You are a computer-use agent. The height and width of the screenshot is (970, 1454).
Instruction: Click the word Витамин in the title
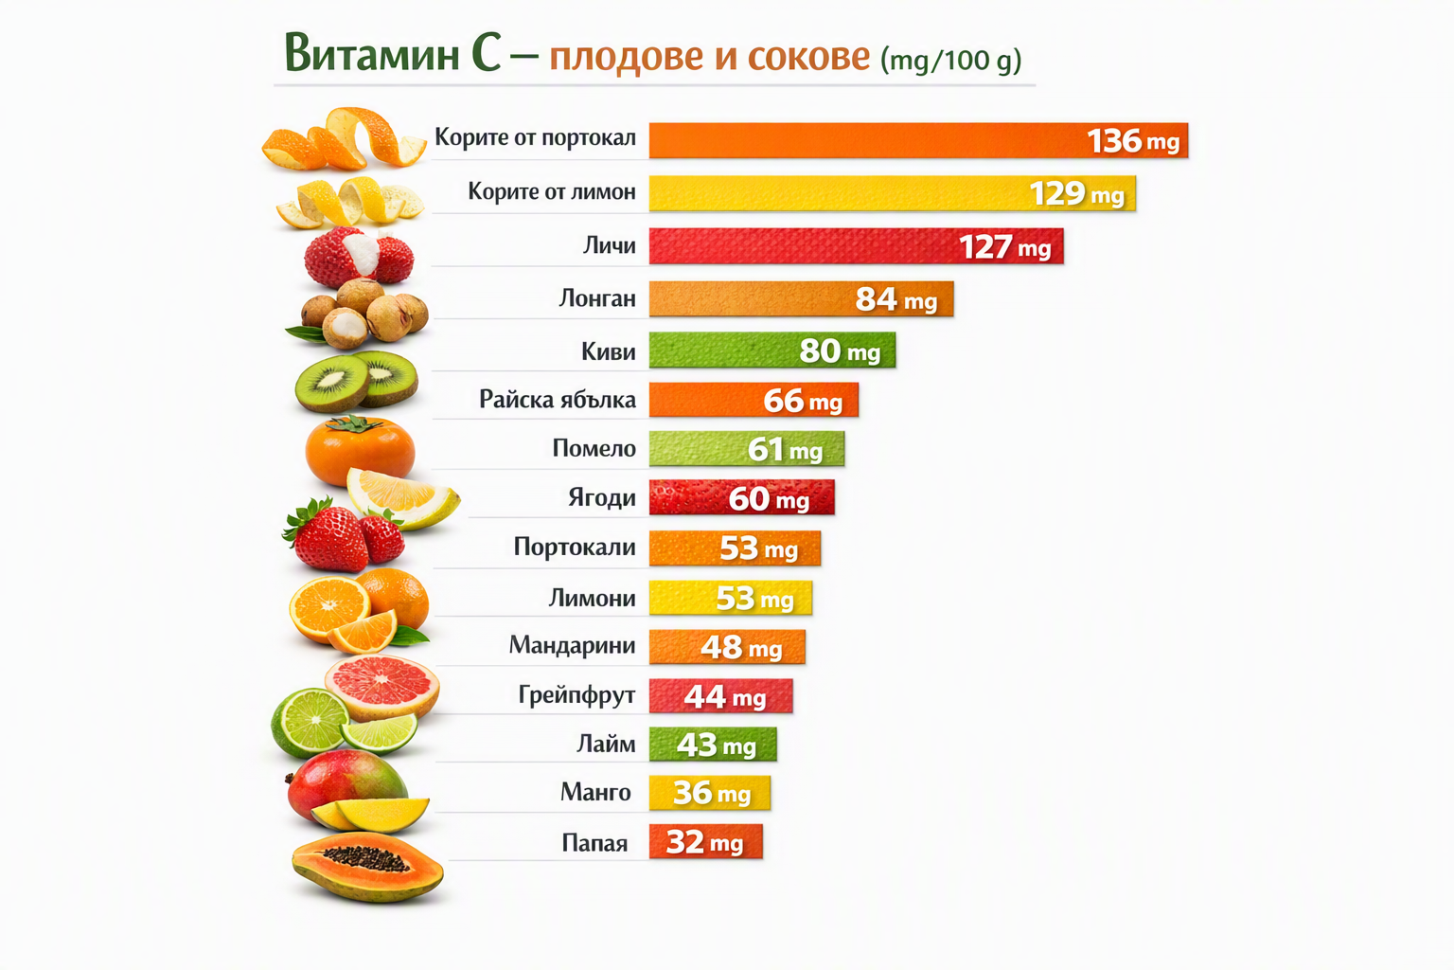tap(372, 53)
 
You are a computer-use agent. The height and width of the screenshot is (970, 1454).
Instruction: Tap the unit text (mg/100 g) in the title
tap(951, 61)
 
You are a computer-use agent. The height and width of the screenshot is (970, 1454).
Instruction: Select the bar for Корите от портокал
tap(918, 140)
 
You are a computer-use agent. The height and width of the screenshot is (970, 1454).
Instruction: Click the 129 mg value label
tap(1077, 193)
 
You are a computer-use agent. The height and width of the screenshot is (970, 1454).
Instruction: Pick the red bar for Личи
tap(856, 246)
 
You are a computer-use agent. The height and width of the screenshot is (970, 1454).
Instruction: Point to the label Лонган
tap(597, 298)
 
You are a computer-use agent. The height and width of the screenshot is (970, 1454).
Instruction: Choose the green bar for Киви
tap(772, 350)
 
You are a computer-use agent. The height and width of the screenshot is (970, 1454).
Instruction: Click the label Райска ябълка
tap(558, 399)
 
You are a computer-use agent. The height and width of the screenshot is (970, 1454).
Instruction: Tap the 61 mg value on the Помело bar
tap(785, 450)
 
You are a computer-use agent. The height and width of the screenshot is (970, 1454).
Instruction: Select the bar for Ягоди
tap(742, 497)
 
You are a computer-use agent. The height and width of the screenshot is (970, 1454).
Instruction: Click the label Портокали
tap(575, 547)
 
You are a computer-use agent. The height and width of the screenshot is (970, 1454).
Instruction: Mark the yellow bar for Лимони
tap(730, 598)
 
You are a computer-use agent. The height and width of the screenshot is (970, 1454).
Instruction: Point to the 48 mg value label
tap(741, 647)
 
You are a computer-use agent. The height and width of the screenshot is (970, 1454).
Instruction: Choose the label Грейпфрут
tap(576, 695)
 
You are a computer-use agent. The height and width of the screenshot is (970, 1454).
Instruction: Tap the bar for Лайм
tap(713, 744)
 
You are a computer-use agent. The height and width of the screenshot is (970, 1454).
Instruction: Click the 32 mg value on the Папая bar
tap(704, 843)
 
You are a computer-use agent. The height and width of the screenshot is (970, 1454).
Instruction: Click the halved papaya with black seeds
tap(367, 868)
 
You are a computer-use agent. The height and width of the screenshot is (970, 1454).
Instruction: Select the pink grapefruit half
tap(382, 687)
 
